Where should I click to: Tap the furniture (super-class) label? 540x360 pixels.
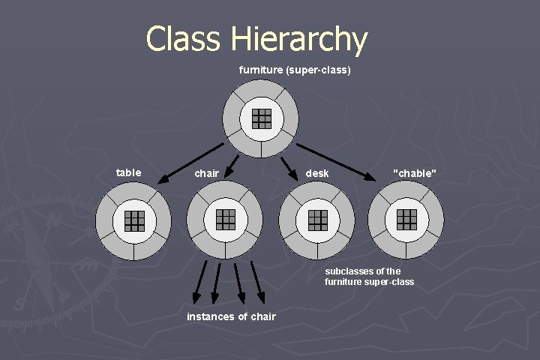pyautogui.click(x=295, y=70)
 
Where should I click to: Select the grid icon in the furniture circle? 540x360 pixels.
pyautogui.click(x=261, y=118)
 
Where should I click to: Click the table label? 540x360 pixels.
pyautogui.click(x=128, y=172)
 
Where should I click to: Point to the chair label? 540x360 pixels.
pyautogui.click(x=207, y=174)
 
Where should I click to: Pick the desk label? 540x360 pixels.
pyautogui.click(x=316, y=174)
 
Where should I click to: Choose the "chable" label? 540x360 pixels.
pyautogui.click(x=414, y=174)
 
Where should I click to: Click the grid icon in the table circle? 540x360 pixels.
pyautogui.click(x=134, y=220)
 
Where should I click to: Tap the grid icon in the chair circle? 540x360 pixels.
pyautogui.click(x=226, y=219)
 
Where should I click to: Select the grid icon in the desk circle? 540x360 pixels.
pyautogui.click(x=317, y=220)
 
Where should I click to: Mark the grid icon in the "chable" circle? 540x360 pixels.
pyautogui.click(x=406, y=219)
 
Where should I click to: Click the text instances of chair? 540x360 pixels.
pyautogui.click(x=231, y=316)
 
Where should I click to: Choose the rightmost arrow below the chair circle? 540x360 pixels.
pyautogui.click(x=257, y=280)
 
